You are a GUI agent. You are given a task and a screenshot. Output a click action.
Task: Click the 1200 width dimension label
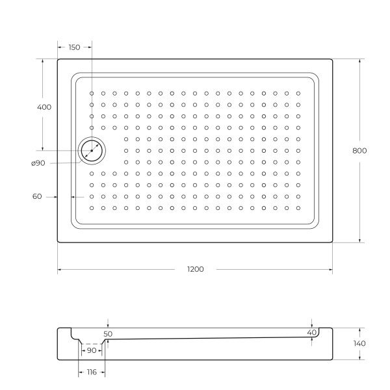tap(196, 269)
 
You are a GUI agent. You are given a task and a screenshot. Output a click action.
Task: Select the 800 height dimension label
tap(359, 151)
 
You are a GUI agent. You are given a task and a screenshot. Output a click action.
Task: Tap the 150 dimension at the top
tap(74, 47)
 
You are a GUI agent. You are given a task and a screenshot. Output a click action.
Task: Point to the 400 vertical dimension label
tap(44, 107)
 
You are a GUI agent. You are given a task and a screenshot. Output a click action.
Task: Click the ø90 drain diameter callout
tap(38, 163)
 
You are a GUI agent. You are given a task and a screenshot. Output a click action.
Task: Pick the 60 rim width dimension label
tap(37, 196)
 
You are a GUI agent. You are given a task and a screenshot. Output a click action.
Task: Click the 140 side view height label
tap(359, 343)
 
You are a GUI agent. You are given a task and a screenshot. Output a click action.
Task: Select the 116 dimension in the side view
tap(92, 372)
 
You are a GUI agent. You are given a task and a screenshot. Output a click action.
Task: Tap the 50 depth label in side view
tap(108, 334)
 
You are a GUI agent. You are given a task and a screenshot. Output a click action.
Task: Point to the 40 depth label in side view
tap(311, 333)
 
